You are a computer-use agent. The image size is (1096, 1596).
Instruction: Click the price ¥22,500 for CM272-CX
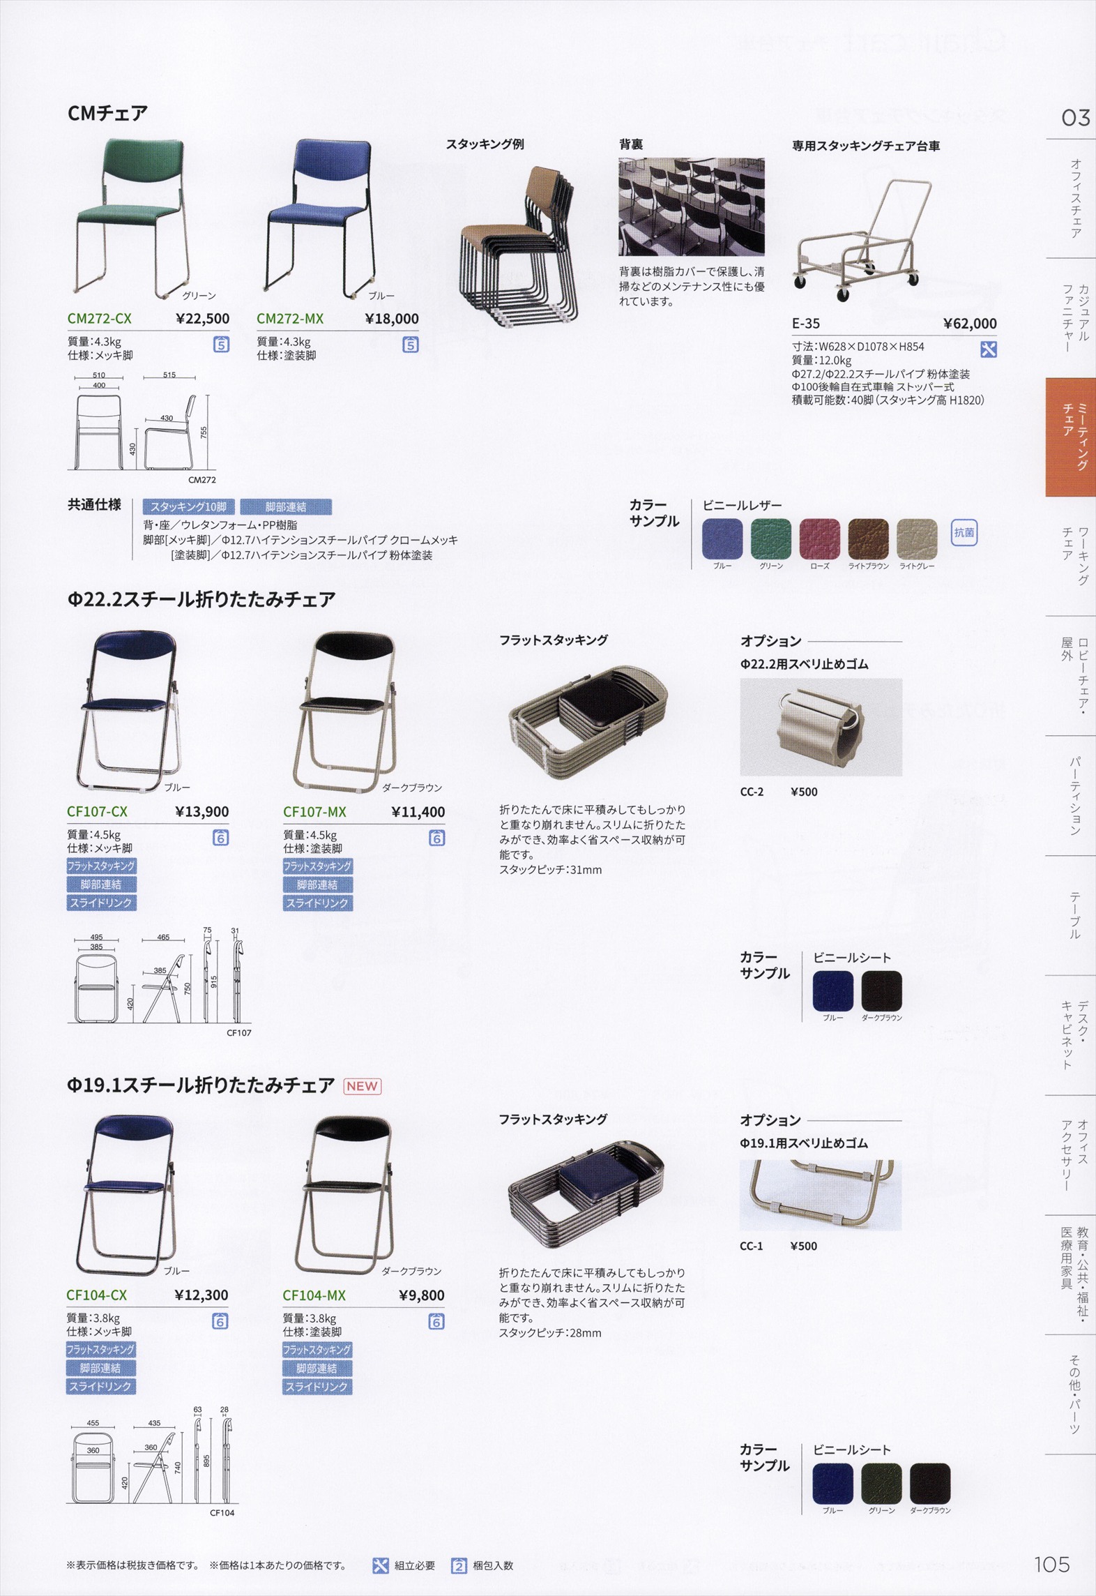coord(203,319)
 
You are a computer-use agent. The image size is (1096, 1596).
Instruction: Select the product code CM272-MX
coord(290,319)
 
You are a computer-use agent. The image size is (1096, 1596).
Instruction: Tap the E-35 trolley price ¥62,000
coord(970,323)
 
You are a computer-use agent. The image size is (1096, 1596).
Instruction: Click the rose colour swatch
coord(820,539)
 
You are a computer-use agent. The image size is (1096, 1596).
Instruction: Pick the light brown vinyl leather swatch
coord(868,539)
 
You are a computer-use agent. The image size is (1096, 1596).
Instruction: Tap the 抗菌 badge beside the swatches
coord(964,533)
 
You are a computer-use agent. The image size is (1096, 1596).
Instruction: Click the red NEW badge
coord(362,1086)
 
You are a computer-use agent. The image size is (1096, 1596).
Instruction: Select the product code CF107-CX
coord(98,811)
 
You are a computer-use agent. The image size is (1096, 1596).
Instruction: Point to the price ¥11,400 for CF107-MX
coord(418,811)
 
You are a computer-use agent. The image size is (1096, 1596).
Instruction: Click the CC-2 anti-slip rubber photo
coord(821,727)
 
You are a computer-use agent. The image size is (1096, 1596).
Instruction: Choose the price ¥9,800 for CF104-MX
coord(422,1295)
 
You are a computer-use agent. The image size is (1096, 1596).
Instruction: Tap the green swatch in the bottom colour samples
coord(881,1484)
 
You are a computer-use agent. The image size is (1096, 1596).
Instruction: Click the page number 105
coord(1051,1565)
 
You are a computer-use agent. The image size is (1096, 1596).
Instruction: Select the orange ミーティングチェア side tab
coord(1071,437)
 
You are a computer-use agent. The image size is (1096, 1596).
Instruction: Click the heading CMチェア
coord(107,113)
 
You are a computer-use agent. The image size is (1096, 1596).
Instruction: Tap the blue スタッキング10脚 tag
coord(189,507)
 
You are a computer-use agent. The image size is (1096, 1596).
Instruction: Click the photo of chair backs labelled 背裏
coord(691,206)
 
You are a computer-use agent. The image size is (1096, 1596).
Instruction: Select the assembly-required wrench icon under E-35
coord(988,349)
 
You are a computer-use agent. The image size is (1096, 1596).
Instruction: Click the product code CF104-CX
coord(97,1295)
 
